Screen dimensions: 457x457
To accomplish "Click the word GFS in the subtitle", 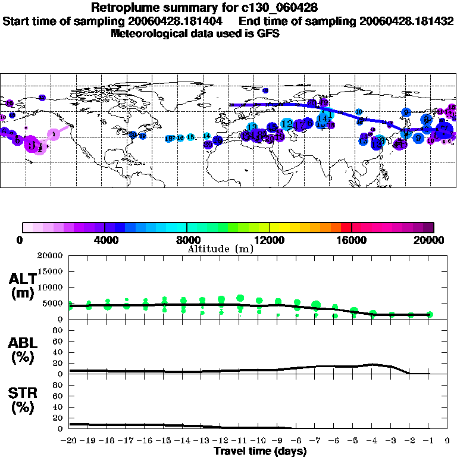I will pyautogui.click(x=268, y=33).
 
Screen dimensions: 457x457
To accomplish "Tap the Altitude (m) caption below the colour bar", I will pyautogui.click(x=220, y=249).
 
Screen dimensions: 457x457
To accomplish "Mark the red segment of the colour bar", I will pyautogui.click(x=346, y=227).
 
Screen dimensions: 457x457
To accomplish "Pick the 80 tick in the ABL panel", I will pyautogui.click(x=58, y=330).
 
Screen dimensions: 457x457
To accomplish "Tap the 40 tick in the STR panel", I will pyautogui.click(x=58, y=407).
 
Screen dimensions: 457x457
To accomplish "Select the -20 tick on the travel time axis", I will pyautogui.click(x=69, y=442).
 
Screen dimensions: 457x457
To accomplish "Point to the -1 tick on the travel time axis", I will pyautogui.click(x=428, y=442).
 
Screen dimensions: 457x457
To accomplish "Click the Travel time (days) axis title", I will pyautogui.click(x=260, y=452).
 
